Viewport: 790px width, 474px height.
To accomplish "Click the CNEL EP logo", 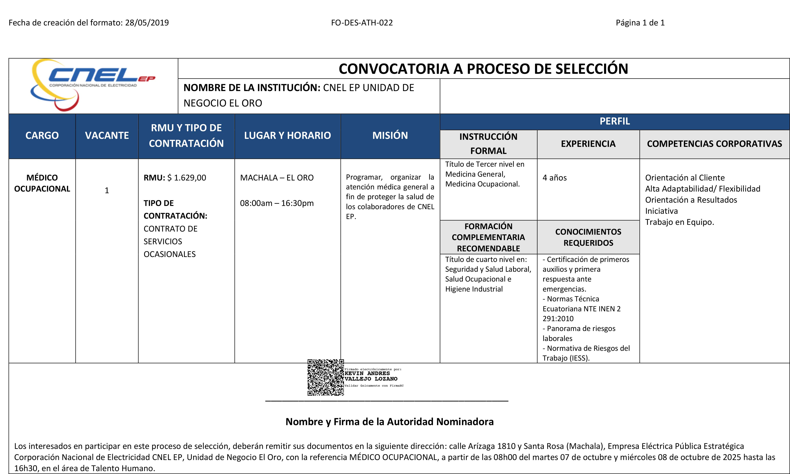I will (x=92, y=85).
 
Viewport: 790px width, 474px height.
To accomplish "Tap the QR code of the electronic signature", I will (x=325, y=377).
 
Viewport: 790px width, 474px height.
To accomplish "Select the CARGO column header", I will (x=42, y=135).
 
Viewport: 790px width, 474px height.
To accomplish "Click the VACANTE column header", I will (x=107, y=135).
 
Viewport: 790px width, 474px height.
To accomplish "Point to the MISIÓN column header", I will (x=390, y=135).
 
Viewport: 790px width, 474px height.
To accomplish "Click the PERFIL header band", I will (x=615, y=121).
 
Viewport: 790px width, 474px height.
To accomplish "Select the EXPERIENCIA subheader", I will (x=588, y=144).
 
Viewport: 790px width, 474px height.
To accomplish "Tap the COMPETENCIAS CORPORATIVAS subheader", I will (x=714, y=144).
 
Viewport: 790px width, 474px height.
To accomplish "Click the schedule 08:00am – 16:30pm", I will (x=277, y=203).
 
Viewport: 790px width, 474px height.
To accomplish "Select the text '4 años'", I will (x=554, y=178).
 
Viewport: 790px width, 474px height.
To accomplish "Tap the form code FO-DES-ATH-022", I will (x=362, y=23).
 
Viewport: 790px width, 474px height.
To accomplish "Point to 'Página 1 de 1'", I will (x=640, y=23).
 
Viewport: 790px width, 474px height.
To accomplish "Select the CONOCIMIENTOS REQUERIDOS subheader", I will (x=588, y=237).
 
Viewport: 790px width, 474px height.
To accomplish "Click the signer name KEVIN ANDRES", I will (x=367, y=373).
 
